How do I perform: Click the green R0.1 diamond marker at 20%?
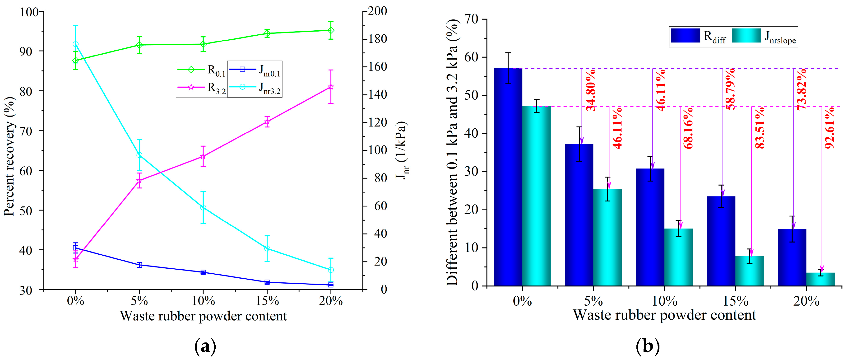tap(331, 30)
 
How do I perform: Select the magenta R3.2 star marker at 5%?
tap(139, 181)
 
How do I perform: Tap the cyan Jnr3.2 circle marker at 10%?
tap(203, 207)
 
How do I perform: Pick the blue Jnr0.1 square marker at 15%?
tap(267, 282)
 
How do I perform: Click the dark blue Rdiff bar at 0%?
tap(508, 178)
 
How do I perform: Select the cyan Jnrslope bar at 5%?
tap(607, 237)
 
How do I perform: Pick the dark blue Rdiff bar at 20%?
tap(792, 257)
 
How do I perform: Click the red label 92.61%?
tap(829, 128)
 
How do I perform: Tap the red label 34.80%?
tap(591, 90)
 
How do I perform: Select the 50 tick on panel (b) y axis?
tap(471, 95)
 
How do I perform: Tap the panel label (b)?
tap(648, 346)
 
